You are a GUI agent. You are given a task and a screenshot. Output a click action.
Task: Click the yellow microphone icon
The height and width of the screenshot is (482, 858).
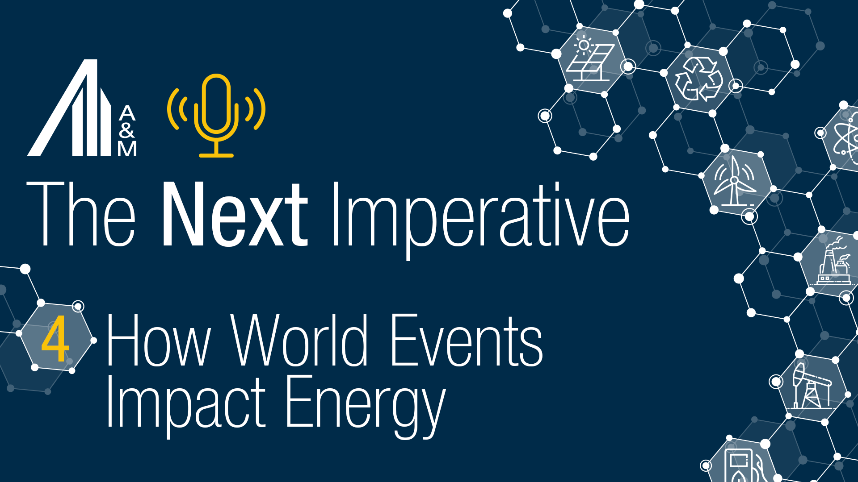[216, 115]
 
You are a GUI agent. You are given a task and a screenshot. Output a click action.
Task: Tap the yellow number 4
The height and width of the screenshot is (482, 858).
[55, 339]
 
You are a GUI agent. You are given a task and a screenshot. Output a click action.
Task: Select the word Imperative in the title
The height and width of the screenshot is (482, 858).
[480, 216]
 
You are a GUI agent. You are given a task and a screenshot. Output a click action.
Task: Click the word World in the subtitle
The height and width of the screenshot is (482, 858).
[299, 340]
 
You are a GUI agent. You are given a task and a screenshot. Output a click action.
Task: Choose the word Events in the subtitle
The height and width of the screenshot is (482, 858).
[467, 340]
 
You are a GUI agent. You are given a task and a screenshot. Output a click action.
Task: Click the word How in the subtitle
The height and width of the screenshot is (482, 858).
[158, 340]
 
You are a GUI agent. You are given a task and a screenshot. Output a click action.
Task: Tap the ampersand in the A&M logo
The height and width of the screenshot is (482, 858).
[127, 130]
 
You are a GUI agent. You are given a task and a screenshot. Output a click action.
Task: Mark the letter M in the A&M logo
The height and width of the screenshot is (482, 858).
[127, 149]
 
